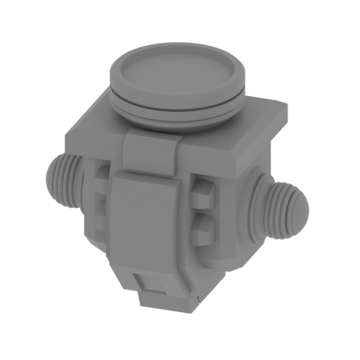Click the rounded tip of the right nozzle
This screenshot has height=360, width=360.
click(x=300, y=211)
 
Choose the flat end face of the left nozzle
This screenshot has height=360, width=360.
click(x=51, y=176)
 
